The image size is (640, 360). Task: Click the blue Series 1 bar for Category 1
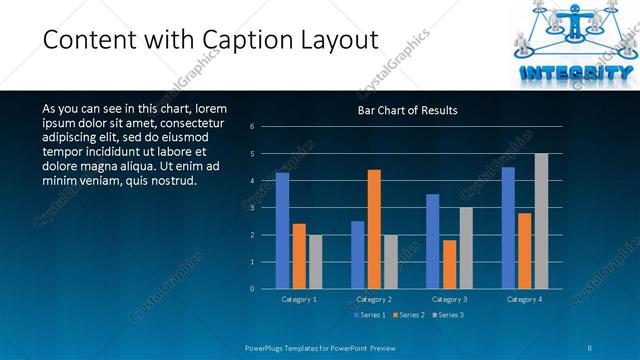click(x=282, y=231)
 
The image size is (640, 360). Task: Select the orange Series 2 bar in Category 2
click(x=374, y=229)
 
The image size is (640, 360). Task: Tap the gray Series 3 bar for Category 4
click(x=541, y=221)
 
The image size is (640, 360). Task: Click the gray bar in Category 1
click(x=315, y=262)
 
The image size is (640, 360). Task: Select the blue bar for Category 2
click(x=357, y=255)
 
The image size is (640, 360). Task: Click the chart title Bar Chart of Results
click(x=407, y=111)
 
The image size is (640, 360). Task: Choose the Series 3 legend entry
click(x=448, y=315)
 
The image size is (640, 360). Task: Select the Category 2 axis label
click(x=374, y=299)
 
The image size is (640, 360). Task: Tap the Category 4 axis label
click(x=524, y=299)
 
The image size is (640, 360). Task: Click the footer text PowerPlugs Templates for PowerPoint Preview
click(x=321, y=347)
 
